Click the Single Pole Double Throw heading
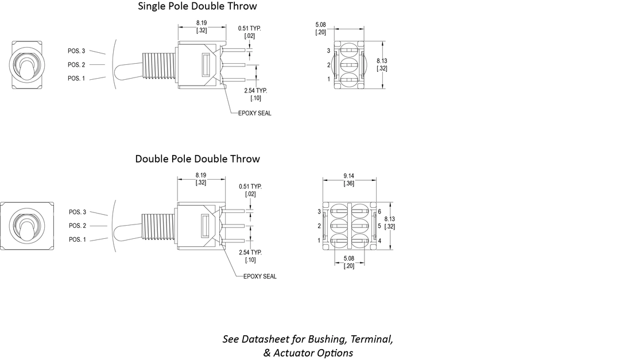(197, 6)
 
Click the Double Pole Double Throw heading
(197, 159)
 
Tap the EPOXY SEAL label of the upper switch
(255, 113)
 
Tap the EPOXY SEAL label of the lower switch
(259, 276)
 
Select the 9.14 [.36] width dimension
(348, 179)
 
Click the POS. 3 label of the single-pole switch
(76, 51)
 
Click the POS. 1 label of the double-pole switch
(77, 239)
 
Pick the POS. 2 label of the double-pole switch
(77, 226)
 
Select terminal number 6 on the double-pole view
(379, 212)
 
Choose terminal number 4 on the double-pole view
(379, 241)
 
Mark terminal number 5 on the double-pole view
(379, 226)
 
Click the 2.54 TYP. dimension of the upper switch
(256, 94)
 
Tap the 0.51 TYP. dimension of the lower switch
(250, 190)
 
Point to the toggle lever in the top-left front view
(25, 67)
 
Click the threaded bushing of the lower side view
(158, 227)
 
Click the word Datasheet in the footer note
(266, 339)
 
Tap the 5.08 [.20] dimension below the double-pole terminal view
(348, 262)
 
